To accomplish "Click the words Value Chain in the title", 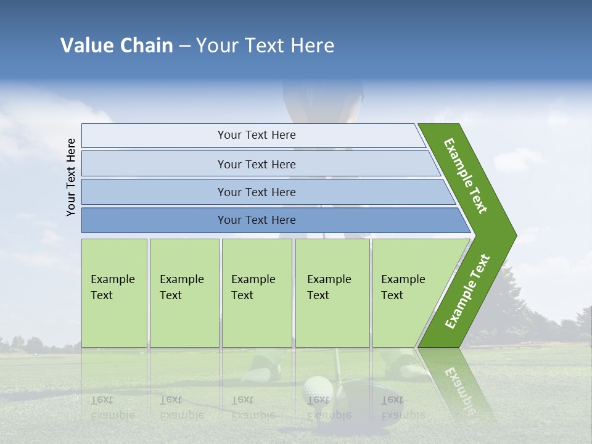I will tap(117, 46).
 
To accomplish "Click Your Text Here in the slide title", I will tap(265, 46).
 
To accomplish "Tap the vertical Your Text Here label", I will tap(71, 177).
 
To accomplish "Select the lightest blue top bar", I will tap(256, 135).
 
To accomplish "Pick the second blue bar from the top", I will tap(256, 164).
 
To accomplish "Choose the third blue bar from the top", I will tap(256, 192).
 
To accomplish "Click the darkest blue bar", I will tap(256, 220).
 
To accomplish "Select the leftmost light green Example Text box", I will tap(114, 293).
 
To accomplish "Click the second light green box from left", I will tap(184, 293).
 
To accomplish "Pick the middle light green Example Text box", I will tap(257, 293).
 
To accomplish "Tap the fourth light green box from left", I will tap(332, 293).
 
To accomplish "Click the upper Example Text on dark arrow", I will tap(466, 176).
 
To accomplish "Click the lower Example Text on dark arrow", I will tap(467, 292).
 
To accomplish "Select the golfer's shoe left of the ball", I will tap(263, 366).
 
